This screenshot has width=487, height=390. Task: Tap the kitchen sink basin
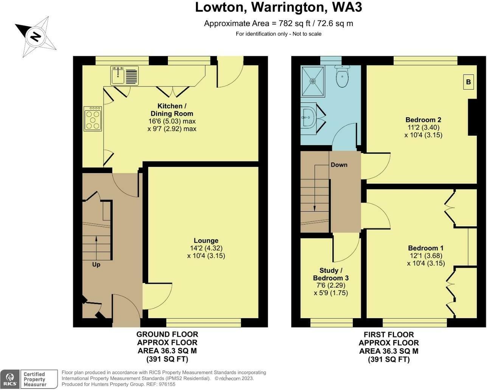tap(118, 76)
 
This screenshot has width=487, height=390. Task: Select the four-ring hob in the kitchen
tap(93, 119)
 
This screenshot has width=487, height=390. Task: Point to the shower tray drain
tap(313, 81)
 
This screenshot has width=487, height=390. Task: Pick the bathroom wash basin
tap(309, 118)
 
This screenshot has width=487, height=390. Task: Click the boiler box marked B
tap(468, 82)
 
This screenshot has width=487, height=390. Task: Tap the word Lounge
tap(206, 240)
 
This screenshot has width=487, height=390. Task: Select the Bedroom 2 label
tap(423, 120)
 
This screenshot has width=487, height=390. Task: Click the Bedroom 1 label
tap(426, 248)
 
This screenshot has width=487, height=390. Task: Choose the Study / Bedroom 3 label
tap(330, 274)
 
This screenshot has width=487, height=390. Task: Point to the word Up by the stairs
tap(96, 265)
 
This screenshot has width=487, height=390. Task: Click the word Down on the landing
tap(339, 165)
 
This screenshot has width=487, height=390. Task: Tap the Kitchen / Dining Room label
tap(172, 110)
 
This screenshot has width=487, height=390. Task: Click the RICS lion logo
tap(10, 379)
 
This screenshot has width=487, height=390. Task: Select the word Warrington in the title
tap(287, 7)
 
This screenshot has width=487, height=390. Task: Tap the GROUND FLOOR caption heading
tap(167, 334)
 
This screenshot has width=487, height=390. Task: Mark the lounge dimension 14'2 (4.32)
tap(206, 248)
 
